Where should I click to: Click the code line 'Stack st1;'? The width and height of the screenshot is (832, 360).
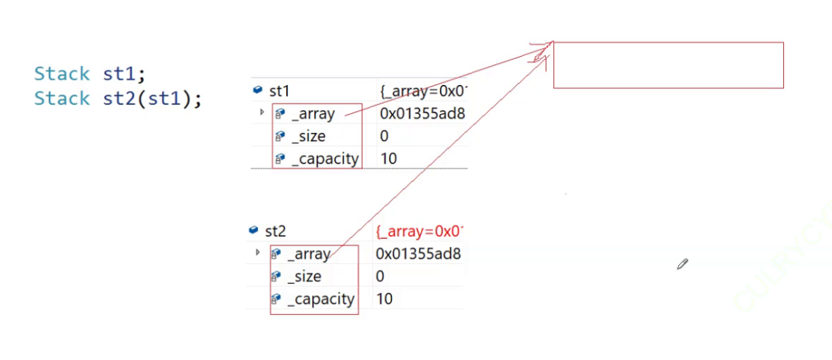[x=89, y=74]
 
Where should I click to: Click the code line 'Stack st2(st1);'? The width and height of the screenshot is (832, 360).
[x=118, y=98]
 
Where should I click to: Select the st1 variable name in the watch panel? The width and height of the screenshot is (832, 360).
[x=279, y=91]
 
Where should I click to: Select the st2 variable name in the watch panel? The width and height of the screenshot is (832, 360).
[x=275, y=231]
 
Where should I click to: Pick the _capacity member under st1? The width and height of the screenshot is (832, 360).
[x=324, y=158]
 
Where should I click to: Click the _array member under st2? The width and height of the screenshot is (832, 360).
[x=308, y=254]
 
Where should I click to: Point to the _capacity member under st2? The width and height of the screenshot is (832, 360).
[x=320, y=299]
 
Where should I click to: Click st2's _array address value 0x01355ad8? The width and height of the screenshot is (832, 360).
[x=418, y=254]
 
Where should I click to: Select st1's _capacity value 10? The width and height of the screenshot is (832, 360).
[x=388, y=158]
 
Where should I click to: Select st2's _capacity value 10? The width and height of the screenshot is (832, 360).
[x=385, y=299]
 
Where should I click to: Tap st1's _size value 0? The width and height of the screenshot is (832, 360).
[x=385, y=137]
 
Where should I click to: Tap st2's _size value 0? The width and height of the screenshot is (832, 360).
[x=380, y=276]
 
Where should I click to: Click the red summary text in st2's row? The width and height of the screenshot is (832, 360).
[x=419, y=231]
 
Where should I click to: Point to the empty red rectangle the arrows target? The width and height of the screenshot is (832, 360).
[x=668, y=65]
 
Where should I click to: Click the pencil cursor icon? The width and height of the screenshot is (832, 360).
[x=682, y=264]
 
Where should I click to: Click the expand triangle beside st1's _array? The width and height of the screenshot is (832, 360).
[x=262, y=113]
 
